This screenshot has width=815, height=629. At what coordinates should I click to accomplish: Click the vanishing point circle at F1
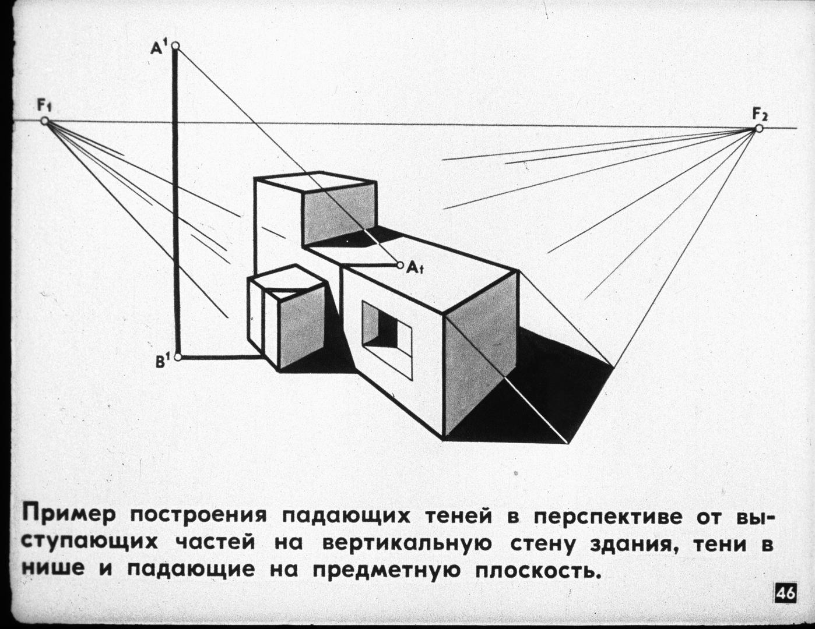[45, 121]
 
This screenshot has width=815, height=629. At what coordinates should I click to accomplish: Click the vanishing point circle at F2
[759, 129]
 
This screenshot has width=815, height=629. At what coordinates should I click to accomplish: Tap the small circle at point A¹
[175, 46]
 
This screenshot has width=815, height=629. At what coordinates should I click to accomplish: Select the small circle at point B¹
[178, 357]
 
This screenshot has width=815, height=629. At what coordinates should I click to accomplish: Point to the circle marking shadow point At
[400, 265]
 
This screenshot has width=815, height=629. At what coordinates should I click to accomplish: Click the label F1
[44, 106]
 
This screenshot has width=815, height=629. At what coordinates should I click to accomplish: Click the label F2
[760, 114]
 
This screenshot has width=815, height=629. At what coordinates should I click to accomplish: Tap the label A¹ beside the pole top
[159, 48]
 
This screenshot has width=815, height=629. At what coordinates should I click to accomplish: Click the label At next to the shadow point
[415, 267]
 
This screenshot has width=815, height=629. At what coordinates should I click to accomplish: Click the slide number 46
[785, 594]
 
